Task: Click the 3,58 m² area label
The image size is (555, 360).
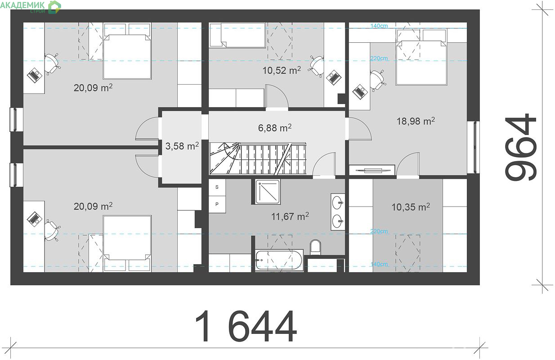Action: click(182, 146)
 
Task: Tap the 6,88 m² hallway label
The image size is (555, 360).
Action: click(274, 128)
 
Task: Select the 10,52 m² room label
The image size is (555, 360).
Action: click(282, 70)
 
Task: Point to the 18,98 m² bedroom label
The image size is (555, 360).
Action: click(416, 121)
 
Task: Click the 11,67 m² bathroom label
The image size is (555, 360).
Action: click(290, 216)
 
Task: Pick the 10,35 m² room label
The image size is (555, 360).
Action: click(411, 207)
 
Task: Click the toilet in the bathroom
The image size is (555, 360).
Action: click(315, 247)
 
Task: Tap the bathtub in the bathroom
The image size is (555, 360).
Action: click(279, 260)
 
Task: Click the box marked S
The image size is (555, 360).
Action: click(217, 187)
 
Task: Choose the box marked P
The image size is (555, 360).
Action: click(217, 204)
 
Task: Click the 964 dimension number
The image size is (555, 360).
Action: click(520, 147)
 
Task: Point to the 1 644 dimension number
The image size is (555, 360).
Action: click(246, 326)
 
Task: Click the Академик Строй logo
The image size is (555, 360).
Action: click(31, 7)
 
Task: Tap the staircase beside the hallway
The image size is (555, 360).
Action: click(258, 158)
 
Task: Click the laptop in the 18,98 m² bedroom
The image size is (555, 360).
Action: click(360, 91)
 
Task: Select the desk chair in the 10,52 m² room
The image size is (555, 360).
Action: click(316, 65)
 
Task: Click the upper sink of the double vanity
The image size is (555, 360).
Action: click(337, 202)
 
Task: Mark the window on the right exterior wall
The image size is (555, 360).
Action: click(474, 147)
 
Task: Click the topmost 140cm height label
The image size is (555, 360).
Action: click(379, 26)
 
